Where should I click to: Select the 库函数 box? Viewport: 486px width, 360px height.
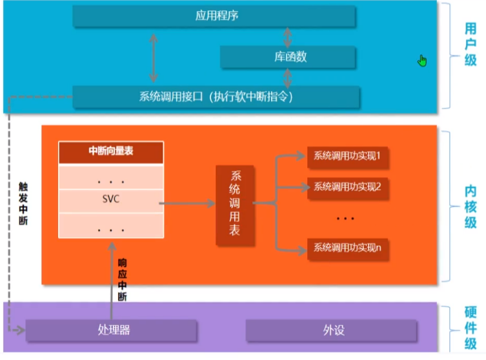pos(287,57)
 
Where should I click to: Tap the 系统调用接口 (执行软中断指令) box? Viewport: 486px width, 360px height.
pos(216,97)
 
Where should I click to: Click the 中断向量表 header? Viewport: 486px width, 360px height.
pos(111,152)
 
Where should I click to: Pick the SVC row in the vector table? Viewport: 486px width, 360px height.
pos(111,199)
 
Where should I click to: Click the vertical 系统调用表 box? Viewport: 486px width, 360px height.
pos(234,206)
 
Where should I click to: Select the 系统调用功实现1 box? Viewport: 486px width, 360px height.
pos(347,155)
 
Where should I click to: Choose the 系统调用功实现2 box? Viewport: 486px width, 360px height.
pos(347,187)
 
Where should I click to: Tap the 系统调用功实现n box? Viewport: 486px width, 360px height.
pos(347,247)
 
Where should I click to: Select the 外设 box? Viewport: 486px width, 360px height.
pos(334,330)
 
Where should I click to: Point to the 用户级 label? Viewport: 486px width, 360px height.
pos(471,45)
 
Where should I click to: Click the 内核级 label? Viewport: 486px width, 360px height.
pos(471,206)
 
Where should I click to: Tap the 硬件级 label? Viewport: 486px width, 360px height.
pos(471,328)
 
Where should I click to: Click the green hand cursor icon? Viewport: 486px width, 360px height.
pos(422,61)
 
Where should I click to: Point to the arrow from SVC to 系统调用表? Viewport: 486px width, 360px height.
pos(187,204)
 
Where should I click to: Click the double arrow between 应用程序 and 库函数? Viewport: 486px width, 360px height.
pos(287,36)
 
